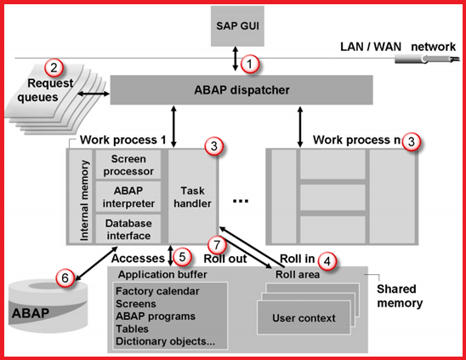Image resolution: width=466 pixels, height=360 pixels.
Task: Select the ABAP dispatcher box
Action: (242, 89)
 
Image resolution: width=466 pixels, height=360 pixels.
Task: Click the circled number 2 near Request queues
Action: (54, 67)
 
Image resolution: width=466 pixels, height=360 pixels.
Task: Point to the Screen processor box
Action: (128, 164)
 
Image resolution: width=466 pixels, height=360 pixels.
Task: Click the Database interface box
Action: (128, 227)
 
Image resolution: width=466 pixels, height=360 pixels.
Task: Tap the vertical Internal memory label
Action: (84, 196)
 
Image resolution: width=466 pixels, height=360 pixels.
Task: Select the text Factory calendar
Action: (156, 291)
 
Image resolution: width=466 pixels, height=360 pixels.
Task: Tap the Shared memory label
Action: (400, 294)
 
